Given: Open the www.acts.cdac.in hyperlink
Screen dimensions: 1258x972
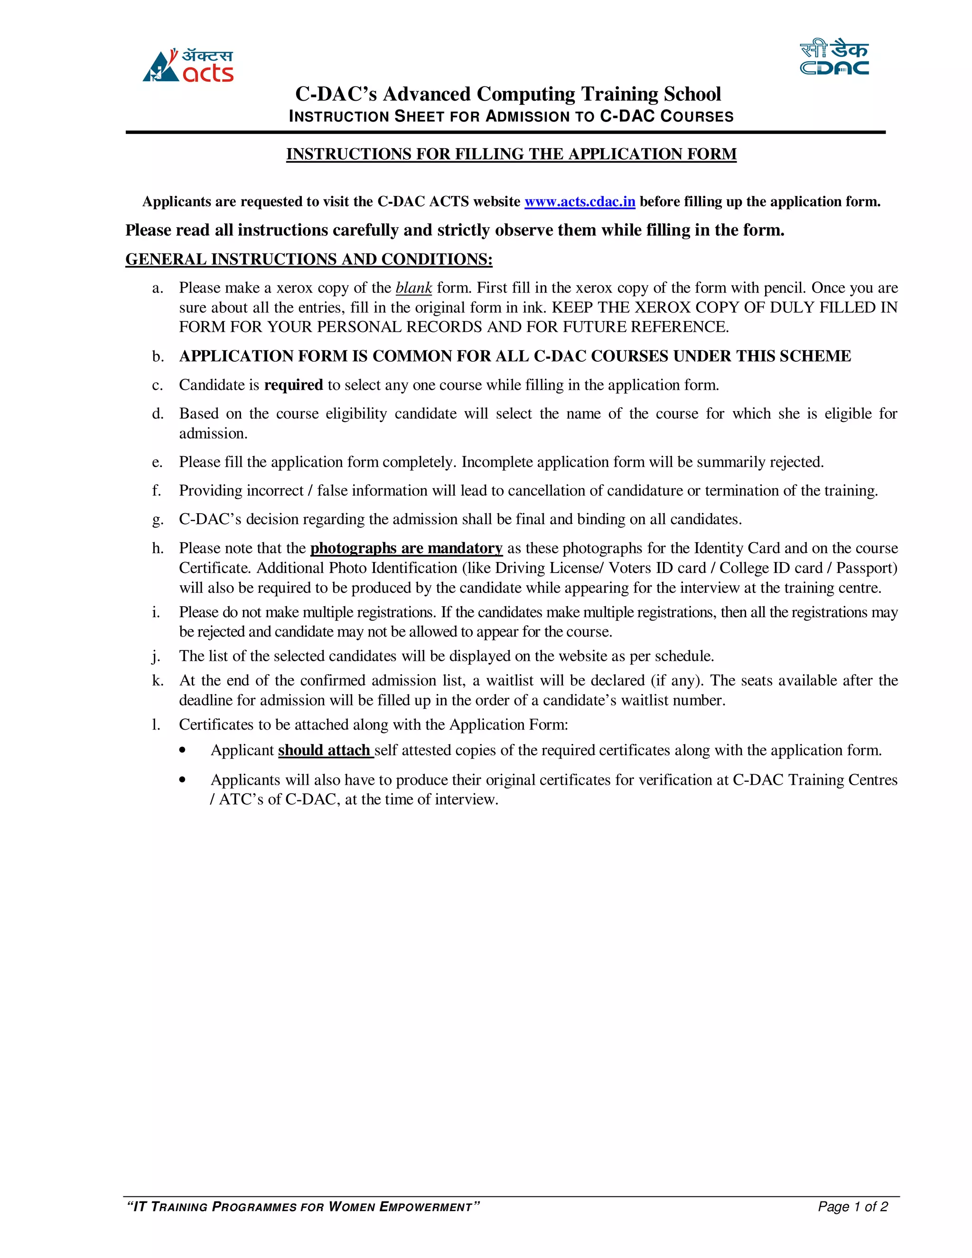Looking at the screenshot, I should pyautogui.click(x=579, y=202).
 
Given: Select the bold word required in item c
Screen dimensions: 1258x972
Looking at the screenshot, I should pyautogui.click(x=293, y=385).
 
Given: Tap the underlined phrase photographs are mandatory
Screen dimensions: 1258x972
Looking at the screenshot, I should pyautogui.click(x=406, y=548).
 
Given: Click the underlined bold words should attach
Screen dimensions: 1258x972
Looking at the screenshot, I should pyautogui.click(x=324, y=750).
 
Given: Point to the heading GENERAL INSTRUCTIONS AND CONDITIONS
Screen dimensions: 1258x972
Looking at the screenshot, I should pyautogui.click(x=308, y=259).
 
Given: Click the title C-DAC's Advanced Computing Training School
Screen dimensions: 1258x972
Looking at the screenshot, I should pyautogui.click(x=508, y=94).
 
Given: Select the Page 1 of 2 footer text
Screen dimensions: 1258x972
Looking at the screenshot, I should pyautogui.click(x=852, y=1206).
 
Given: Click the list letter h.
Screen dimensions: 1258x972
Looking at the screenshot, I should pyautogui.click(x=157, y=548).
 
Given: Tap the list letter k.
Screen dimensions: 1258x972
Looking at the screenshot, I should pyautogui.click(x=157, y=680).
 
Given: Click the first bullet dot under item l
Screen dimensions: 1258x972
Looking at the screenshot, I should pyautogui.click(x=183, y=750).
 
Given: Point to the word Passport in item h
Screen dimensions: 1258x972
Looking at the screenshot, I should pyautogui.click(x=866, y=568).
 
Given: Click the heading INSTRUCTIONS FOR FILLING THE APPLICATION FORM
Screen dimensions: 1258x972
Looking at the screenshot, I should pyautogui.click(x=511, y=154).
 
